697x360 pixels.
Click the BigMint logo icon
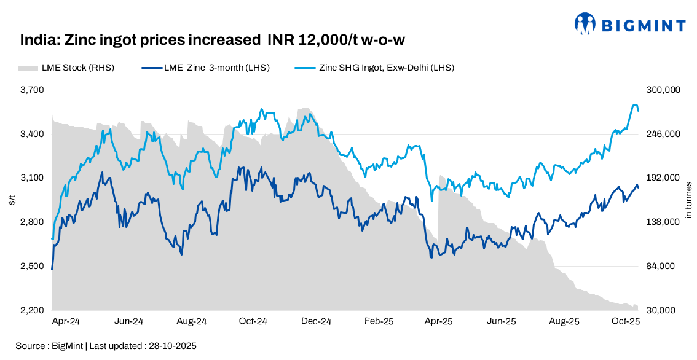point(585,25)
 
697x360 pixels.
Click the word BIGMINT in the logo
point(643,25)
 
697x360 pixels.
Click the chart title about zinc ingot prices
point(212,41)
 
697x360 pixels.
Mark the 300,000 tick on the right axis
point(664,90)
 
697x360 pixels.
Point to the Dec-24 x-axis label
point(317,321)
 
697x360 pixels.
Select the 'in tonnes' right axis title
point(688,200)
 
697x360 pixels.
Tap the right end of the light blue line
point(639,111)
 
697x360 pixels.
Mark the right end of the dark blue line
point(639,188)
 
